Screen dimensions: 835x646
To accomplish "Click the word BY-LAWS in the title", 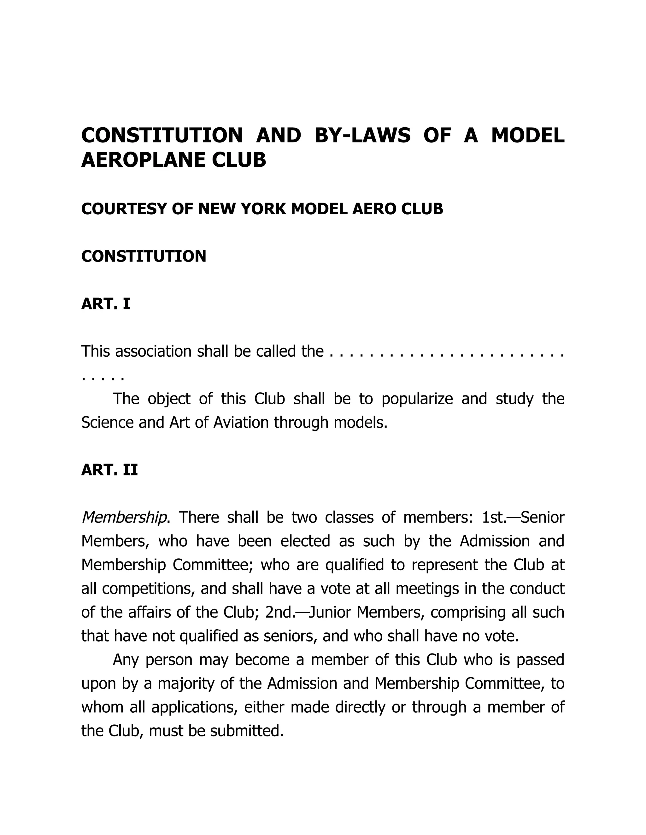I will click(x=362, y=136).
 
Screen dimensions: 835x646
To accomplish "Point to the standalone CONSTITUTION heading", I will click(x=144, y=256).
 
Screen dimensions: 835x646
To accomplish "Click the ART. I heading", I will click(x=106, y=304).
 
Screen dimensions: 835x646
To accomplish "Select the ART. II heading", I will click(x=109, y=470).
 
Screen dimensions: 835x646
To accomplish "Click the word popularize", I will click(x=417, y=399).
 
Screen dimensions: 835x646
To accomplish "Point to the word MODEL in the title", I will click(x=527, y=136).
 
